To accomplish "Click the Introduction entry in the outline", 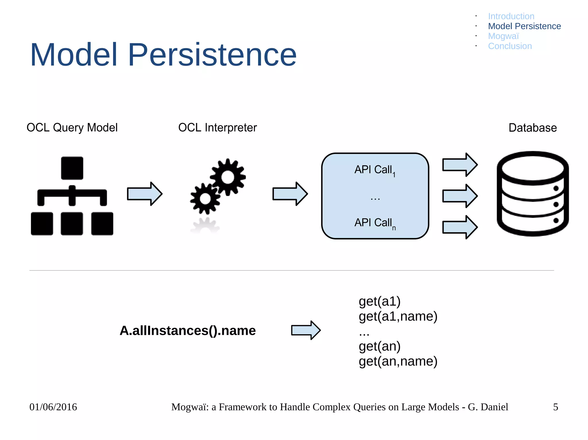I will (x=511, y=16).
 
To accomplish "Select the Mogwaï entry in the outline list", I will (x=503, y=36).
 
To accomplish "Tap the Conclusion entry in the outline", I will (x=510, y=46).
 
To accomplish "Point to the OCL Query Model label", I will (x=72, y=128).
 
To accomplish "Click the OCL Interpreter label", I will (x=217, y=128).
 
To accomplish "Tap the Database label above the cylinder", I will (x=533, y=128).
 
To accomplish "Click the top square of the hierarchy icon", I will (x=72, y=168).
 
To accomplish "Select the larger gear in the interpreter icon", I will (x=228, y=177).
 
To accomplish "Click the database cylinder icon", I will (x=533, y=194).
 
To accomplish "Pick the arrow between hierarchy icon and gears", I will (x=145, y=194).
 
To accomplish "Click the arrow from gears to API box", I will (x=290, y=194).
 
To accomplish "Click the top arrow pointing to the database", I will (x=460, y=165).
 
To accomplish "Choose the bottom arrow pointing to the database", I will (x=460, y=227).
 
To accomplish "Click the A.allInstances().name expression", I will (x=187, y=331).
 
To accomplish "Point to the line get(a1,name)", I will (x=398, y=316).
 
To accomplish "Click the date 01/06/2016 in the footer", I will (x=53, y=407).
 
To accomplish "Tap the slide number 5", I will (x=556, y=407).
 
